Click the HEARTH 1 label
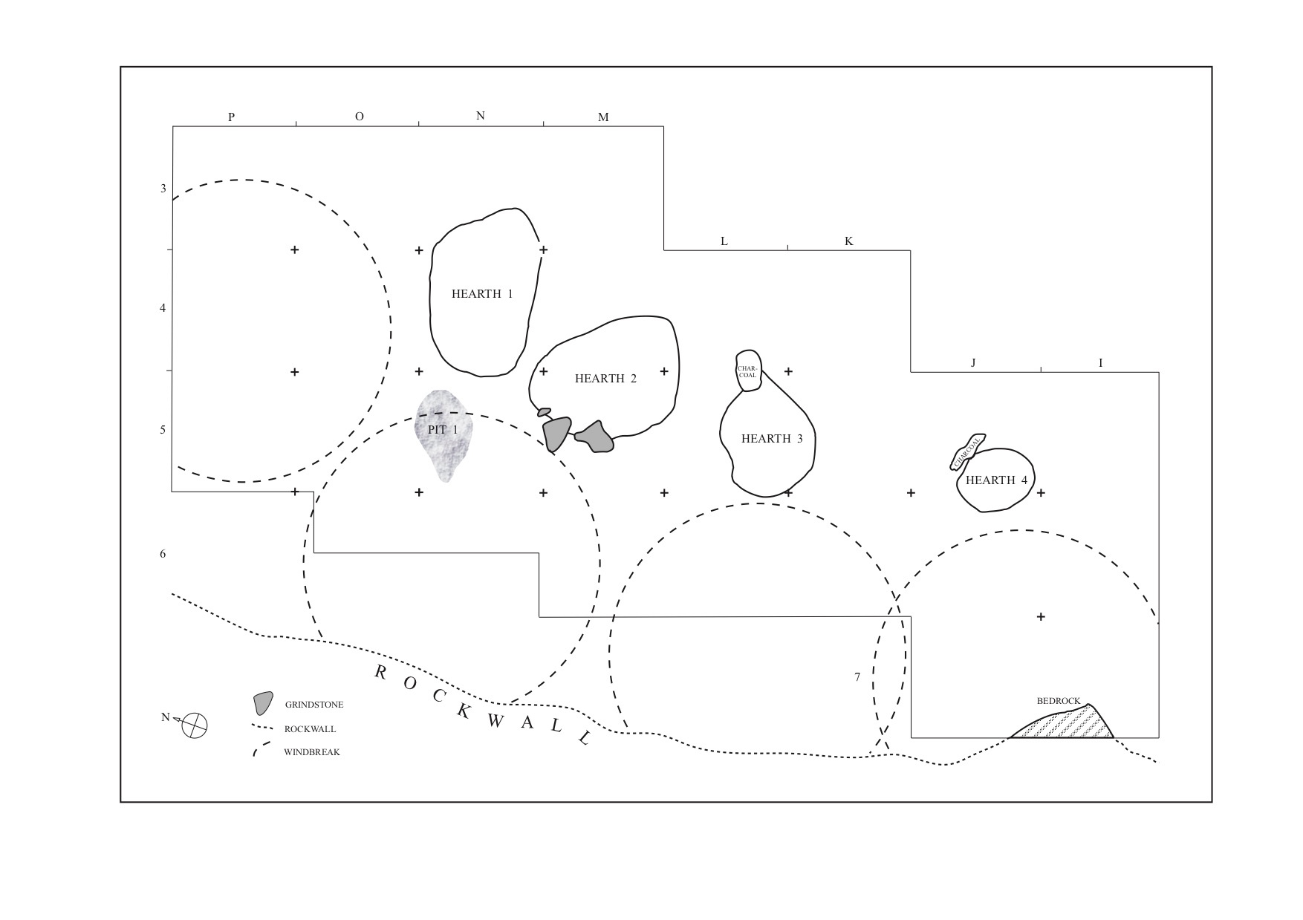coord(482,294)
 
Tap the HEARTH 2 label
coord(605,379)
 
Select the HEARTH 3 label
coord(772,439)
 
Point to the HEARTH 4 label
coord(996,480)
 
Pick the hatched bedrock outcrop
coord(1070,723)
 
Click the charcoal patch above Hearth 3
coord(748,370)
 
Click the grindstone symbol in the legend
coord(262,703)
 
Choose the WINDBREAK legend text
coord(311,752)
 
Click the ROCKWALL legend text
coord(310,729)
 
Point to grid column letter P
coord(232,117)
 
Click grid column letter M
coord(603,117)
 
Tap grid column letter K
coord(849,241)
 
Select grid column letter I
coord(1101,363)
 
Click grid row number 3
coord(163,189)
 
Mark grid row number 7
coord(857,677)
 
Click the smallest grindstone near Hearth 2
coord(545,411)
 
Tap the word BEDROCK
coord(1059,701)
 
